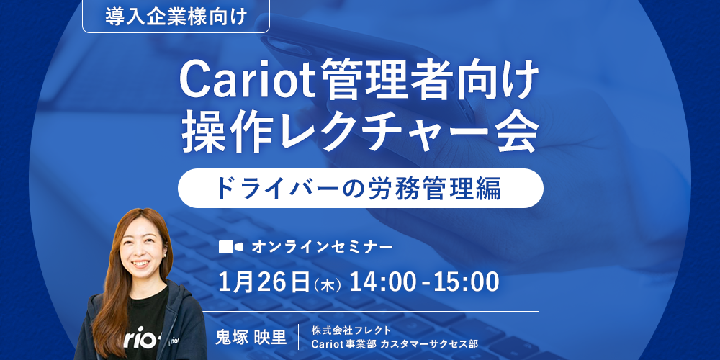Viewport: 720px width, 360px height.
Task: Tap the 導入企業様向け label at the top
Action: point(176,17)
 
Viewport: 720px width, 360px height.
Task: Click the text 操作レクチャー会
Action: point(360,134)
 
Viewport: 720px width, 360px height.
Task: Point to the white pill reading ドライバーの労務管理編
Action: point(361,188)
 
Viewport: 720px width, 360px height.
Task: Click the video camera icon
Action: point(230,248)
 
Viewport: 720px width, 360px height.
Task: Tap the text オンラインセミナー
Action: point(322,248)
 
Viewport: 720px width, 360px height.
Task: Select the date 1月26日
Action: point(264,282)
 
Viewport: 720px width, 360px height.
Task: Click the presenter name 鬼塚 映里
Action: point(251,338)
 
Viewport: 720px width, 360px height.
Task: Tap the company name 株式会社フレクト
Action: point(351,330)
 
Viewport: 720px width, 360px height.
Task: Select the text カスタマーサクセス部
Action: point(429,343)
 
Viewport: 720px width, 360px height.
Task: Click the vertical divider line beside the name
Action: point(299,337)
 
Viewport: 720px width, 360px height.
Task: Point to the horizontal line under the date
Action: point(371,311)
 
